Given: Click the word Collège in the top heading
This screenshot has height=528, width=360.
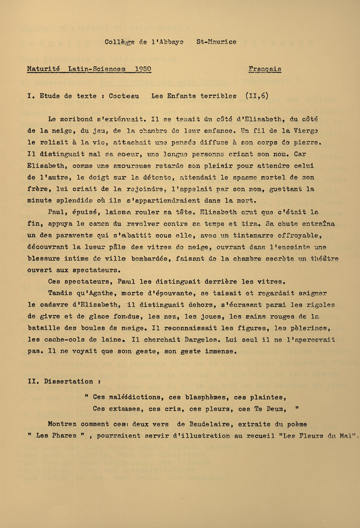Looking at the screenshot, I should click(x=119, y=42).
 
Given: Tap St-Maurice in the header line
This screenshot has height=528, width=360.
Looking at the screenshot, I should click(x=216, y=42).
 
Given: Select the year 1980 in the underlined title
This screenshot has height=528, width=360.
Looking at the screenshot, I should click(x=143, y=69).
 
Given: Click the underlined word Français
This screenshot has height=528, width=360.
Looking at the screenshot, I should click(x=265, y=69).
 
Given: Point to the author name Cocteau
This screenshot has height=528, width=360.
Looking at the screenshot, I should click(x=124, y=96).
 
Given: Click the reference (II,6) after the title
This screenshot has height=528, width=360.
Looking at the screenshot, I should click(x=257, y=96).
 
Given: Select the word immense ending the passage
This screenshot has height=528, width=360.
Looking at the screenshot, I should click(x=220, y=351).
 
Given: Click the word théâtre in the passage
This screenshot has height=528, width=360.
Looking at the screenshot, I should click(x=324, y=258).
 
